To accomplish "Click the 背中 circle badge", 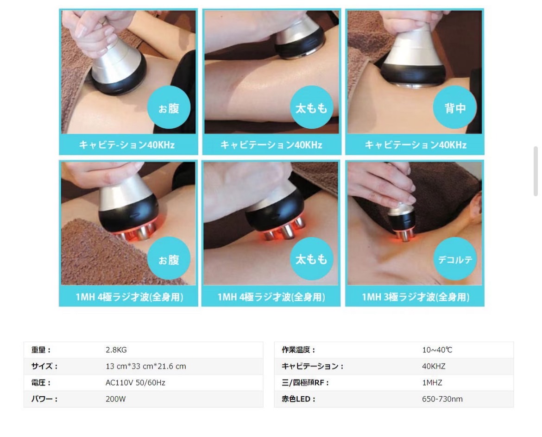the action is (454, 107).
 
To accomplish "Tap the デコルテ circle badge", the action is (455, 259).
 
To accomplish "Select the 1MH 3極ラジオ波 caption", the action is (416, 297).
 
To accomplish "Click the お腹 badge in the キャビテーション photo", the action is (169, 107).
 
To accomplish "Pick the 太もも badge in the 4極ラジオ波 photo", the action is (311, 259).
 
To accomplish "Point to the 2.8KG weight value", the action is (116, 350).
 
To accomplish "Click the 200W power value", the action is (115, 399).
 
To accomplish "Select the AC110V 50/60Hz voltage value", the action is (135, 382).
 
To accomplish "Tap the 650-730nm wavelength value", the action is (442, 399).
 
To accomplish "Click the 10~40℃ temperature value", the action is (437, 350).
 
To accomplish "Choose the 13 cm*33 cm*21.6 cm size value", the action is (145, 366).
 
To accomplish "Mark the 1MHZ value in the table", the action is (432, 382).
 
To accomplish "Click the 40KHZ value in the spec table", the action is (434, 366).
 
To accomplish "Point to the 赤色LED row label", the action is (298, 399).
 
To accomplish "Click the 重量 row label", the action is (41, 350).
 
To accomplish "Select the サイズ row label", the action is (44, 366).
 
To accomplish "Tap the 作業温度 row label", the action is (298, 350).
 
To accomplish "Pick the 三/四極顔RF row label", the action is (305, 382).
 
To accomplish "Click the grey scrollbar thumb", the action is (536, 171).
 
